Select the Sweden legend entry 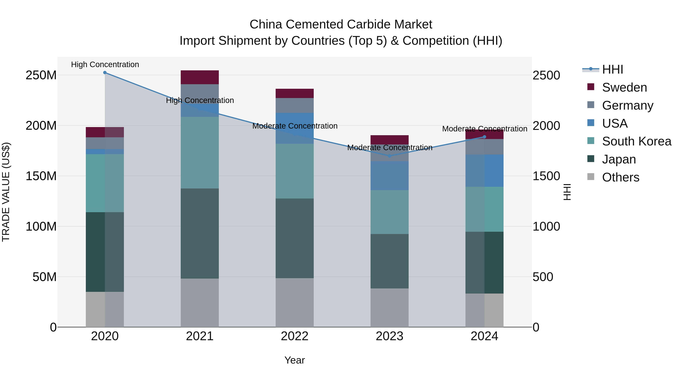click(624, 87)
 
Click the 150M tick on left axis click(41, 176)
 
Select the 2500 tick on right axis click(546, 75)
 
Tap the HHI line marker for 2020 click(105, 73)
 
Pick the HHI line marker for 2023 click(389, 156)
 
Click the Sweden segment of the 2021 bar click(200, 77)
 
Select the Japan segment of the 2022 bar click(294, 238)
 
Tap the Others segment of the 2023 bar click(389, 307)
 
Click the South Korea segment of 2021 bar click(200, 153)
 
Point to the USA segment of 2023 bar click(389, 175)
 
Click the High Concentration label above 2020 click(105, 65)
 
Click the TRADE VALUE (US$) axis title click(6, 192)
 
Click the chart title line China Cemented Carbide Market click(341, 24)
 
